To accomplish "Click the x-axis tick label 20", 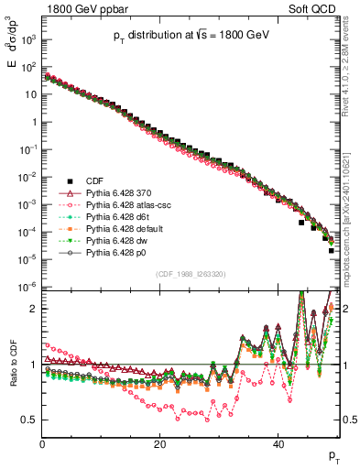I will [x=160, y=444].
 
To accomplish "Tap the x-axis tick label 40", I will [x=278, y=444].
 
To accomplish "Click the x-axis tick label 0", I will [x=42, y=444].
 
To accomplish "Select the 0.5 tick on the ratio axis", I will [x=30, y=420].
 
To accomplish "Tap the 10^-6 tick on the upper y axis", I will [x=29, y=287].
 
